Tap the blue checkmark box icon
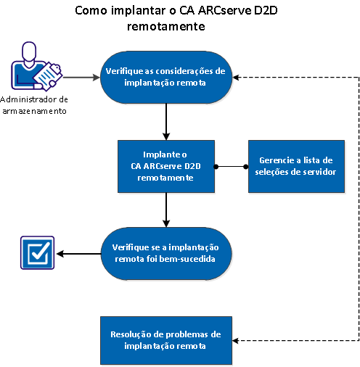click(x=36, y=254)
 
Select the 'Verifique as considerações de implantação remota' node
click(x=166, y=76)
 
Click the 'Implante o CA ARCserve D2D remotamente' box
click(x=169, y=167)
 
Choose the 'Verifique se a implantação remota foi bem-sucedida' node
click(x=166, y=254)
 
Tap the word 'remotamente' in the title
click(x=168, y=27)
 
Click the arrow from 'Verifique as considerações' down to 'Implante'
click(x=168, y=120)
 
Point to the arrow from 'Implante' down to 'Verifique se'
click(x=168, y=210)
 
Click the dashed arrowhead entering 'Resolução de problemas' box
click(x=240, y=340)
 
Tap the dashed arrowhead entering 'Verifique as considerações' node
click(x=242, y=76)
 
